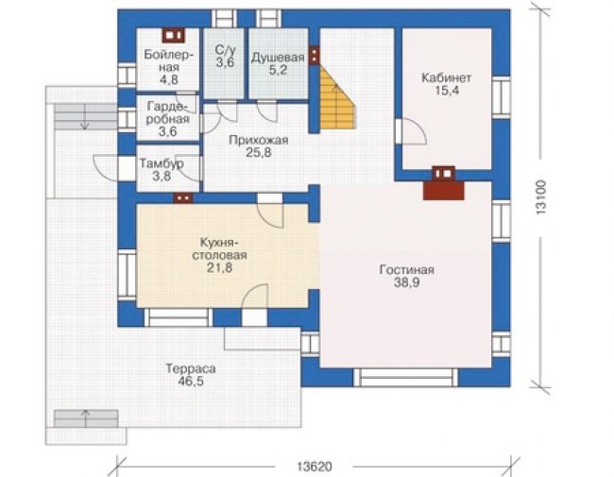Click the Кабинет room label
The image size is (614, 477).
point(446,77)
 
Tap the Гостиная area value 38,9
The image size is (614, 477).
point(406,282)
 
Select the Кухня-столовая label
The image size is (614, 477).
point(219,248)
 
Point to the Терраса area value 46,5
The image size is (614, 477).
point(191,382)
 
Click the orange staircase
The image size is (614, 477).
point(337,100)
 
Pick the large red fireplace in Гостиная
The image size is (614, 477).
point(444,191)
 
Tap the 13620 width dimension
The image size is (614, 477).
point(315,467)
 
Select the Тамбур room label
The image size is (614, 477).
point(162,163)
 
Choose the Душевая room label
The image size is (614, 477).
point(278,58)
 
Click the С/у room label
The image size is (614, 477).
point(225,50)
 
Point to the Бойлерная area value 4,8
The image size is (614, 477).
point(169,79)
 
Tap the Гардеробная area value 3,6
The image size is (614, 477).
point(167,131)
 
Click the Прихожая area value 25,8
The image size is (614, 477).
point(259,152)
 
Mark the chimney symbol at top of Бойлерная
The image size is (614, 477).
point(173,36)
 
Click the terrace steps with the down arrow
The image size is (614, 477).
point(85,116)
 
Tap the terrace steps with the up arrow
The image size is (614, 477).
point(86,418)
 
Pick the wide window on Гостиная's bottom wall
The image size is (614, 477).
point(405,377)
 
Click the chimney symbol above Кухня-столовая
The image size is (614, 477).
point(183,198)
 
